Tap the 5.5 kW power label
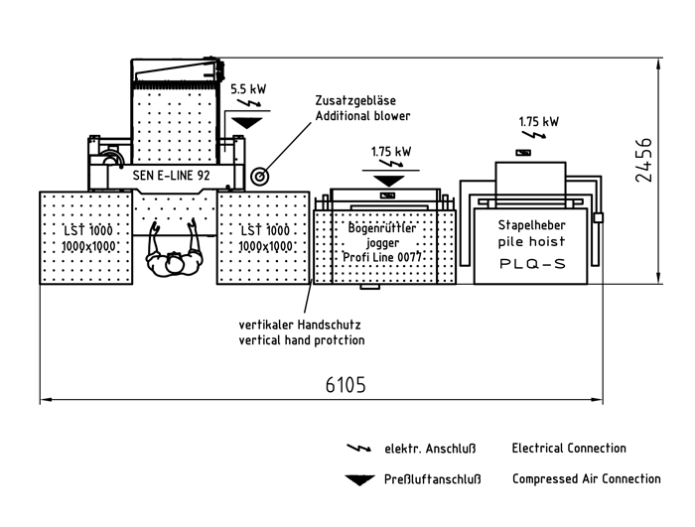click(x=248, y=89)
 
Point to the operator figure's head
click(x=175, y=263)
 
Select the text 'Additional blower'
click(x=362, y=116)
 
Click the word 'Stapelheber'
click(x=532, y=225)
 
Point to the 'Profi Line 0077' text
click(x=382, y=257)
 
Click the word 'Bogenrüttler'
click(x=382, y=227)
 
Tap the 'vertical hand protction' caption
click(x=301, y=340)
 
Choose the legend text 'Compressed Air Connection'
click(x=586, y=479)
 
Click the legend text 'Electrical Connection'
click(x=569, y=449)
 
